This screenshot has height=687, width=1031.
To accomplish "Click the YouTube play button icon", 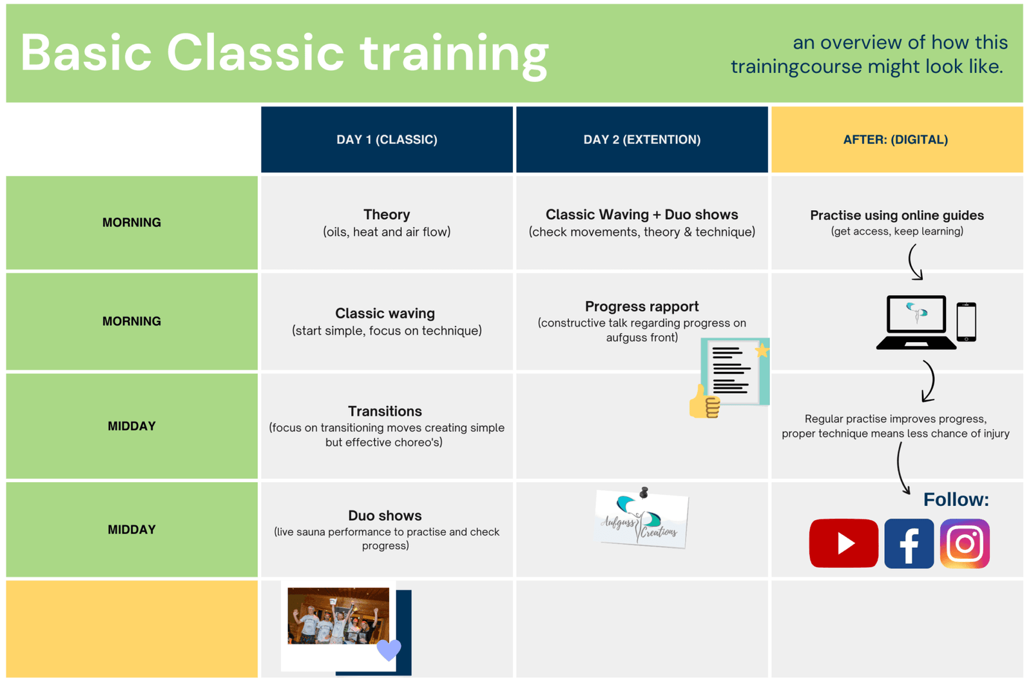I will point(843,543).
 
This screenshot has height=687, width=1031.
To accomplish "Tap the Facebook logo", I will point(909,543).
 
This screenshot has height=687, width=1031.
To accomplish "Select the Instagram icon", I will point(965,543).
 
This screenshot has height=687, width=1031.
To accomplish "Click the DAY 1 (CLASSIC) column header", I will point(387,140).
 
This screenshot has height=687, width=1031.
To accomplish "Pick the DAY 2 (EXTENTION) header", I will point(642,140).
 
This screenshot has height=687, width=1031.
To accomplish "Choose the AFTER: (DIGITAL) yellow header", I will point(896,140).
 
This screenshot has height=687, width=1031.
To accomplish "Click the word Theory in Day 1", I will point(387,215).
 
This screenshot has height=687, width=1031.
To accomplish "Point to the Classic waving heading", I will point(385,313).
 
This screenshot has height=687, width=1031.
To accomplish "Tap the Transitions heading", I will point(385,411).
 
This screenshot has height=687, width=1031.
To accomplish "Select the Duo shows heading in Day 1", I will point(385,516).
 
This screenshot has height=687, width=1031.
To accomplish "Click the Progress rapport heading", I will point(642,307).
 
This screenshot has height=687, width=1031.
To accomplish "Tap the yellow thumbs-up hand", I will point(704,403).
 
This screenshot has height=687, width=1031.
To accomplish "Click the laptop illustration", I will point(916,322).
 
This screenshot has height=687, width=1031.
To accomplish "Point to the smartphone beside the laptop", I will point(966,322).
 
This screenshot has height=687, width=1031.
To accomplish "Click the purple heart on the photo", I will point(389,649).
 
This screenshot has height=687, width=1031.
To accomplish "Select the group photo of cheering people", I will point(338,615).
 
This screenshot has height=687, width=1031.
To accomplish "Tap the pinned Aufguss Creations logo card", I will point(642,519).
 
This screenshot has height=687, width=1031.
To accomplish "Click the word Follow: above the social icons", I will point(956,499).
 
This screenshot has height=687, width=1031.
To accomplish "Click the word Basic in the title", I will point(86,53).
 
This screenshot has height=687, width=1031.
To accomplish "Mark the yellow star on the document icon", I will point(762,350).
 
